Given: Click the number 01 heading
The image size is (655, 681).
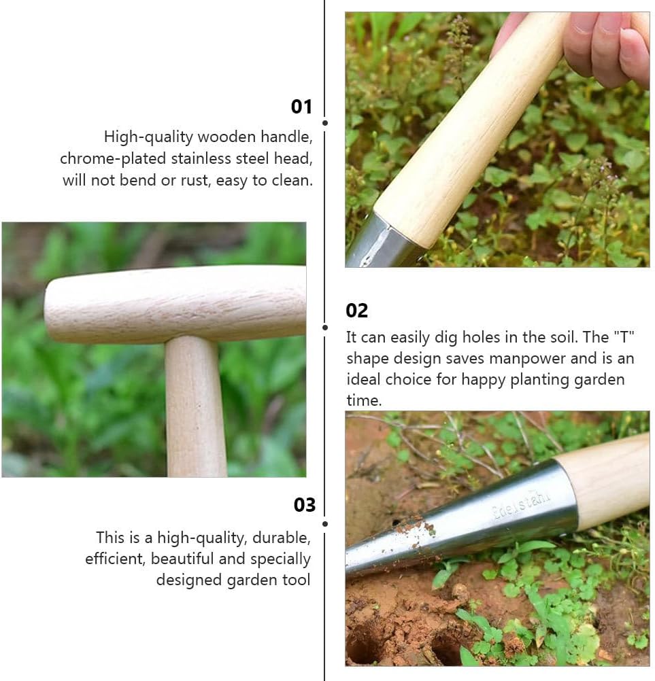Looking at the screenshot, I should coord(301,107).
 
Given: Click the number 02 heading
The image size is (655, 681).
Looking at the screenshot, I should coord(356,311).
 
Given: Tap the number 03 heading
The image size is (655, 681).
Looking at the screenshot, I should coord(305,505).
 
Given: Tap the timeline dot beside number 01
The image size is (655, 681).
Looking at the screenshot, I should coord(325,123).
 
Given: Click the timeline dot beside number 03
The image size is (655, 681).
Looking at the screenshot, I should coord(325,524).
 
